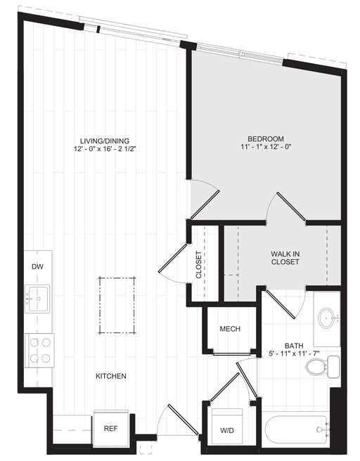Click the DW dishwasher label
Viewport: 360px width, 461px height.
tap(37, 266)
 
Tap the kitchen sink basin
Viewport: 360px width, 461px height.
tap(37, 299)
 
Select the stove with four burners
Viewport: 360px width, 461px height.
tap(39, 350)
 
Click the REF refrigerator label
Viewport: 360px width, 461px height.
tap(110, 429)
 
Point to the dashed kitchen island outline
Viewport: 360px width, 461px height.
tap(117, 305)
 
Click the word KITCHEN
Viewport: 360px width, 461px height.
tap(111, 376)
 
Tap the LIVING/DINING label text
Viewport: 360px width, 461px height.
tap(105, 141)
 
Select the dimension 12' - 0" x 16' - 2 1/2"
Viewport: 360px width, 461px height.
tap(105, 149)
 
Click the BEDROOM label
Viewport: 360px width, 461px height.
tap(266, 138)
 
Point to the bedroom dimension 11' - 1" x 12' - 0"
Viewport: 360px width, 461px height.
tap(266, 147)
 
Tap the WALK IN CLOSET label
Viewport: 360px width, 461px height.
tap(285, 258)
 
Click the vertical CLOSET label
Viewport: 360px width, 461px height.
tap(199, 265)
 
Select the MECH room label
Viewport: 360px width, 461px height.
tap(230, 329)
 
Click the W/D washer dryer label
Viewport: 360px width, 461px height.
tap(227, 430)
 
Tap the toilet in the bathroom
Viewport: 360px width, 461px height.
tap(323, 367)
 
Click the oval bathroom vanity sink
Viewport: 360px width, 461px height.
tap(327, 318)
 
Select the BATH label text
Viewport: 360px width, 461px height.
tap(294, 346)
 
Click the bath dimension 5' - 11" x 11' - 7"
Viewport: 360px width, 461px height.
tap(294, 353)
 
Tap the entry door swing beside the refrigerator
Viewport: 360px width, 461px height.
tap(178, 422)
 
